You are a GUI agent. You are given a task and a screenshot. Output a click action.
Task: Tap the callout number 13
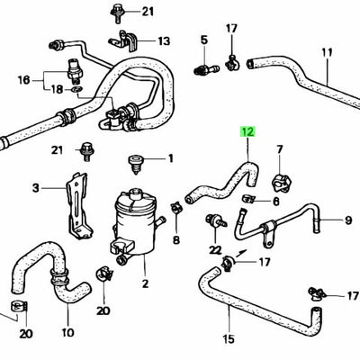click(x=164, y=41)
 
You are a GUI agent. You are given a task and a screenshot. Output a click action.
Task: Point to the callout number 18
click(x=57, y=89)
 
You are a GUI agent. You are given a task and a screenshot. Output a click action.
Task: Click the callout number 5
click(x=203, y=40)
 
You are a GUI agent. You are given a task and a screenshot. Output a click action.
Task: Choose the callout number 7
click(x=279, y=148)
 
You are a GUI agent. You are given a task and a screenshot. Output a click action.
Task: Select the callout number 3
click(x=37, y=188)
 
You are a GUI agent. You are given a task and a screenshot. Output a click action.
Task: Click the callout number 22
click(x=214, y=248)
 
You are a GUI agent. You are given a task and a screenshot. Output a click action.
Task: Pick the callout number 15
click(x=229, y=338)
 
